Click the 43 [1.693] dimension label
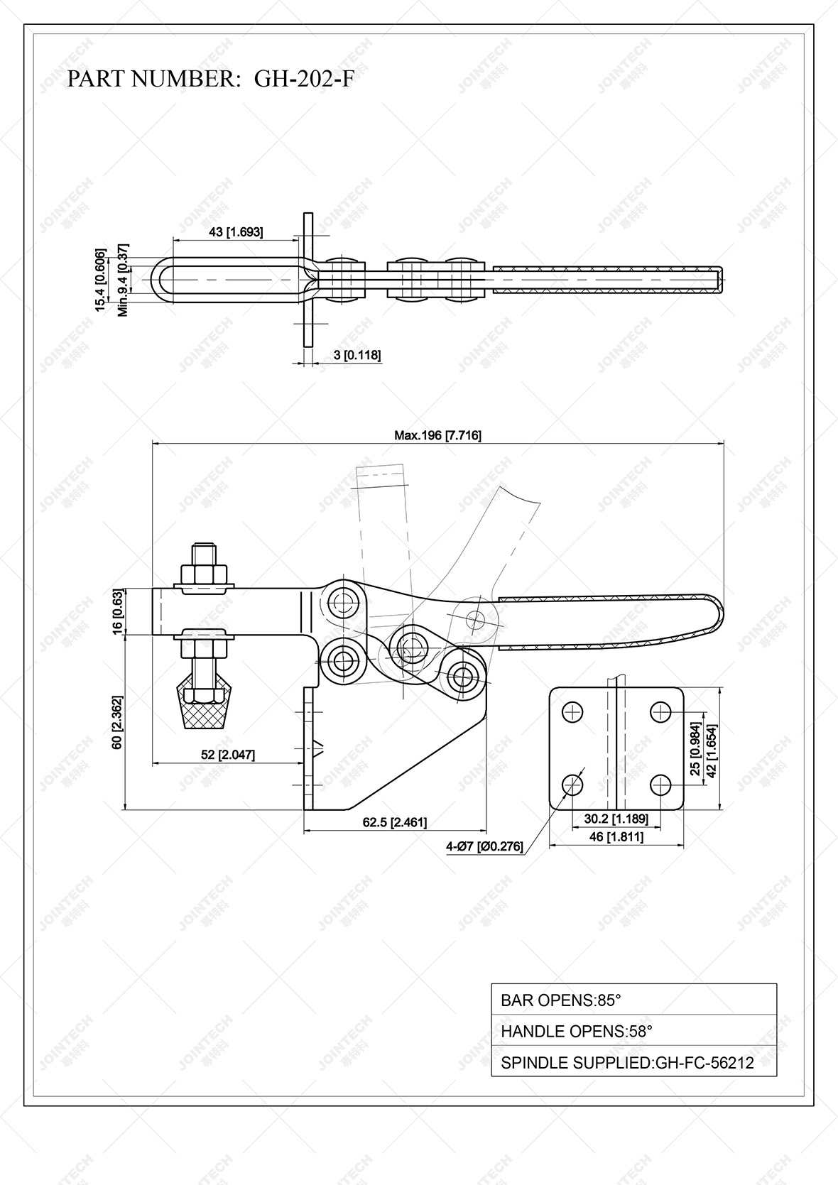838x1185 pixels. pyautogui.click(x=236, y=231)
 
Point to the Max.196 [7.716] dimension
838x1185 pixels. pyautogui.click(x=437, y=435)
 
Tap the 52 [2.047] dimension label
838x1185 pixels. pyautogui.click(x=228, y=755)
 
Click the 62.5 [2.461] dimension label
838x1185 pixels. pyautogui.click(x=395, y=822)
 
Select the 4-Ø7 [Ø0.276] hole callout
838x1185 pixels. pyautogui.click(x=484, y=846)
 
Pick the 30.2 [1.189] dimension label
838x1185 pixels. pyautogui.click(x=616, y=819)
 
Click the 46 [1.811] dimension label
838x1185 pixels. pyautogui.click(x=616, y=837)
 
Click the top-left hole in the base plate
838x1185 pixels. pyautogui.click(x=573, y=711)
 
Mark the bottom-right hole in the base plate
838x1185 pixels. pyautogui.click(x=660, y=785)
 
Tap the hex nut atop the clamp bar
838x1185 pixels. pyautogui.click(x=204, y=574)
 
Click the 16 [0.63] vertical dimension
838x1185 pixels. pyautogui.click(x=117, y=611)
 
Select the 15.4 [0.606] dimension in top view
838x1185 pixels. pyautogui.click(x=101, y=280)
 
